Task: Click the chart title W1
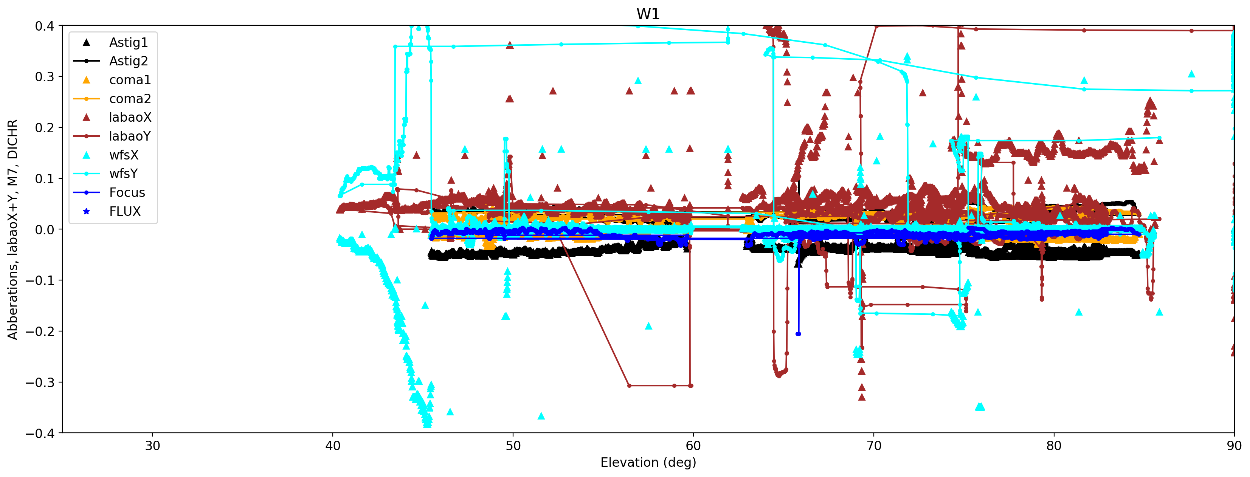648,14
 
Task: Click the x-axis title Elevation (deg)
648,462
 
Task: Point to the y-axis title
12,229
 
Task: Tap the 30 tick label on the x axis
152,446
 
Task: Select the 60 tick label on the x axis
693,446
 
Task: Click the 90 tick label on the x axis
1233,446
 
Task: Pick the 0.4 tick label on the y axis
44,26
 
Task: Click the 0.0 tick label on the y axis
44,229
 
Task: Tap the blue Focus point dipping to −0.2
798,334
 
